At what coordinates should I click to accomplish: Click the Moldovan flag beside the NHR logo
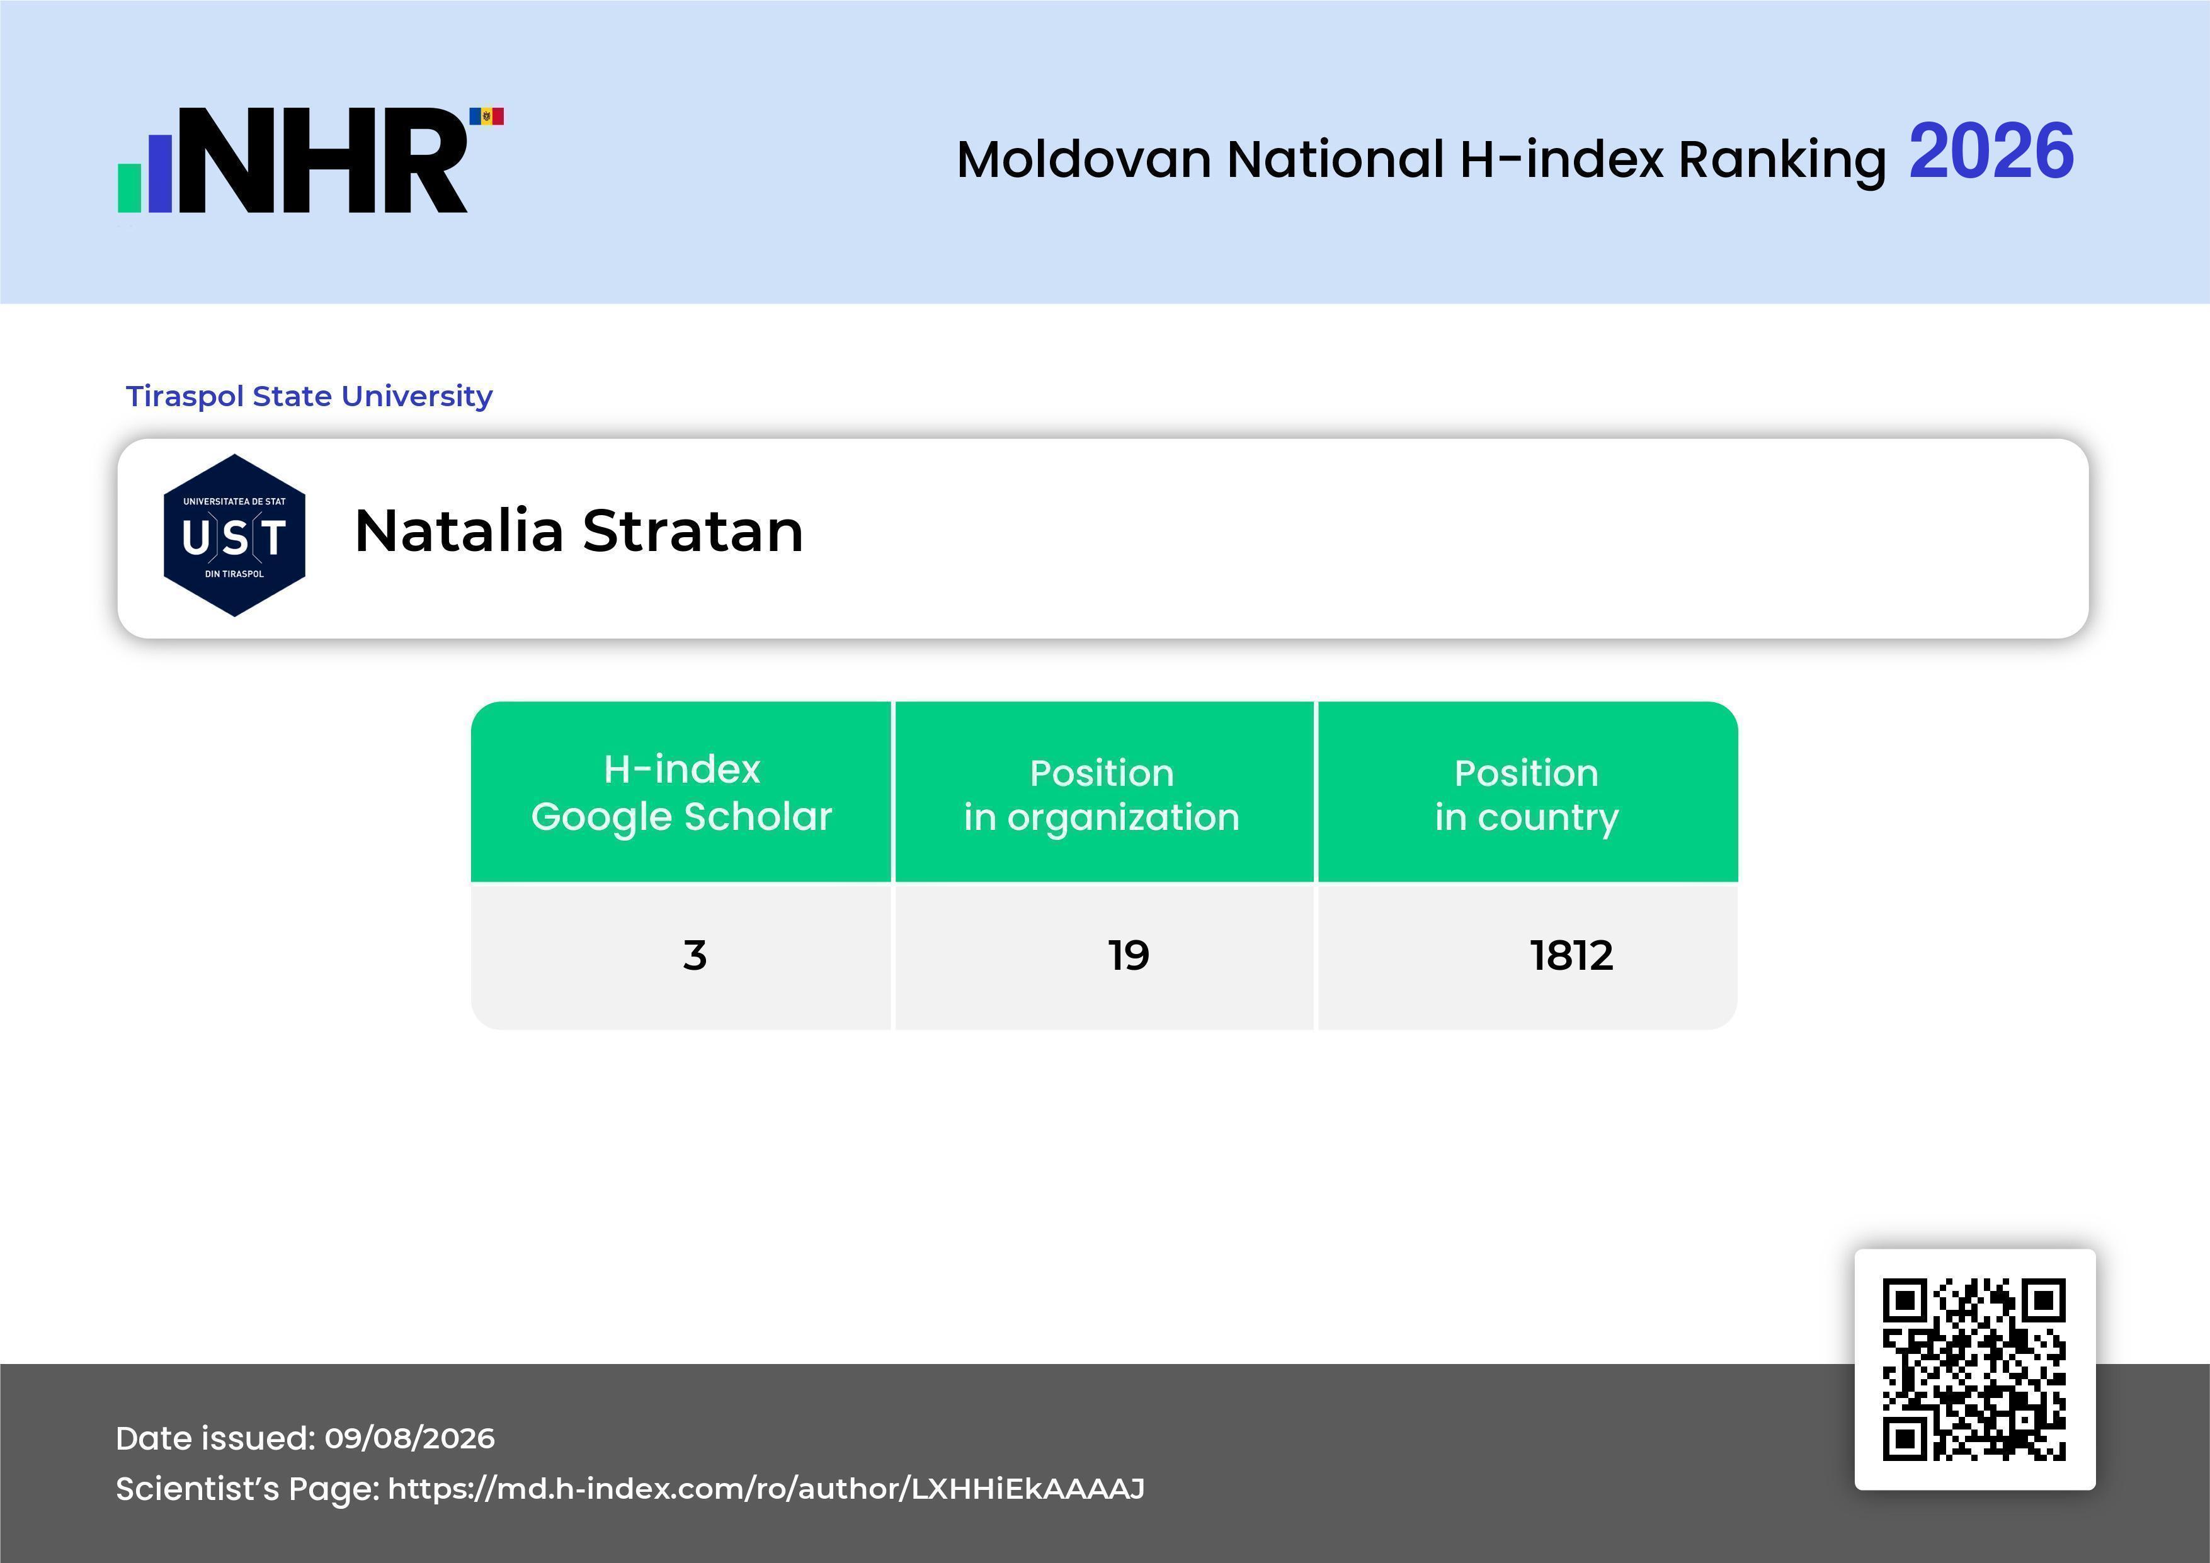point(486,117)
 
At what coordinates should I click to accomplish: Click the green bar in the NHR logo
point(130,188)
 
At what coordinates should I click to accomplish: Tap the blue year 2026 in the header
point(1991,151)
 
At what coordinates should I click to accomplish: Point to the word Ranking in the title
point(1782,161)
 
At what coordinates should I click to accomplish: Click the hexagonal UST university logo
point(235,535)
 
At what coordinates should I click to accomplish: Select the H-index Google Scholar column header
point(681,792)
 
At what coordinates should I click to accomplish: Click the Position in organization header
point(1102,794)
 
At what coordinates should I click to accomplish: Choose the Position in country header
point(1527,794)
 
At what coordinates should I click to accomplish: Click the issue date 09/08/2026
point(410,1438)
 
